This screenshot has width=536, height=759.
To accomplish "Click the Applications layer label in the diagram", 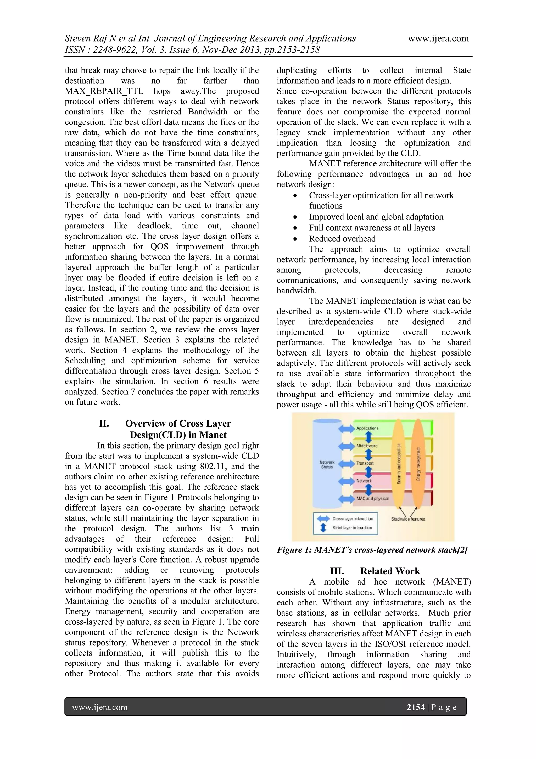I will (367, 428).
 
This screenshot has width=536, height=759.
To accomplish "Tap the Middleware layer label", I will (367, 446).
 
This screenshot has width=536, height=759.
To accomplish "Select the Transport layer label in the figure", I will (365, 463).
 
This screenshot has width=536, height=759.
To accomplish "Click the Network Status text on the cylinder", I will (327, 465).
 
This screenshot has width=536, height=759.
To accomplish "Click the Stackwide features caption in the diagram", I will (408, 519).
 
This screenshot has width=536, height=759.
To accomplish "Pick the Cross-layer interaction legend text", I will (353, 519).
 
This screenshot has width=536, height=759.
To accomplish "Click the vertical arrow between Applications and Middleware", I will (369, 437).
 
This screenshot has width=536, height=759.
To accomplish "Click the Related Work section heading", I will (375, 571).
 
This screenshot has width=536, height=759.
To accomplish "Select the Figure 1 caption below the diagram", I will (372, 550).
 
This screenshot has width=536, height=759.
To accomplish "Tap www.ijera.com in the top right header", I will (438, 38).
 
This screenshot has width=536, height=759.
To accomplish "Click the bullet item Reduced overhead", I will (342, 239).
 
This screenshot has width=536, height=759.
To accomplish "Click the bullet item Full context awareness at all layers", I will (372, 228).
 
